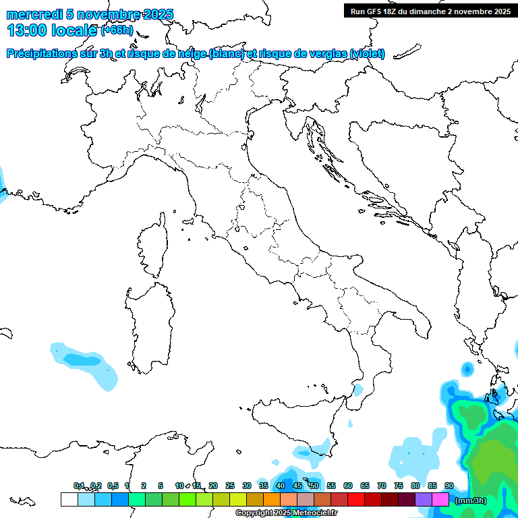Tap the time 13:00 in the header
(28, 30)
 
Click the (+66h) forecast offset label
(117, 30)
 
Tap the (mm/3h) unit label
(471, 500)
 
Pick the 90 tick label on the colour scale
(449, 486)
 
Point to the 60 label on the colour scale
(348, 486)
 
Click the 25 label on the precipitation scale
(230, 486)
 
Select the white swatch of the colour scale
(69, 500)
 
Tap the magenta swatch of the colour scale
(440, 500)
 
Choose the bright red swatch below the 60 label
(356, 500)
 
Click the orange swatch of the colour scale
(272, 500)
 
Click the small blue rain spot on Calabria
(357, 391)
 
